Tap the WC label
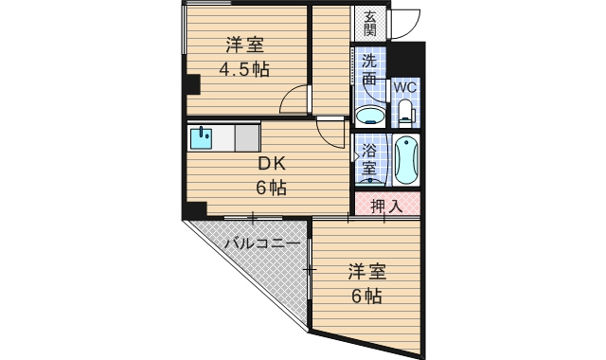point(405,86)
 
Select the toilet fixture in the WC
point(406,113)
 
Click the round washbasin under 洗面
point(370,117)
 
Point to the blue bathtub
point(407,160)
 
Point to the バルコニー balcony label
point(262,244)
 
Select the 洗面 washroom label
point(370,71)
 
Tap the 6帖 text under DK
point(270,187)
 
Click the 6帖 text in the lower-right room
point(366,296)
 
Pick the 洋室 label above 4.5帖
point(244,45)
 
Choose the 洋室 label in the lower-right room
point(366,271)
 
